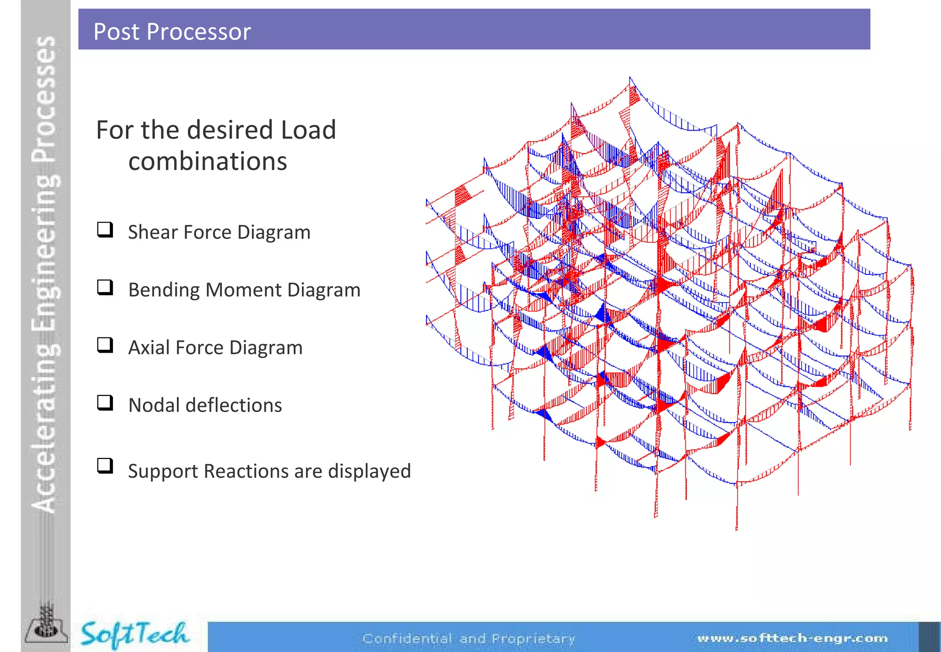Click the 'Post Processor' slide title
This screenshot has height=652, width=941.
(172, 32)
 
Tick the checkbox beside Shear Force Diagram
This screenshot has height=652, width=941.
(105, 229)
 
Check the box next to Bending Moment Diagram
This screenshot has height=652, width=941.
(105, 287)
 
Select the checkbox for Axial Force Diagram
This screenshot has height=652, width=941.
(105, 345)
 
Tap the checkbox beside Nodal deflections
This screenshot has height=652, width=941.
(105, 402)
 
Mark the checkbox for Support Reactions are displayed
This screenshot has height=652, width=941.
(105, 465)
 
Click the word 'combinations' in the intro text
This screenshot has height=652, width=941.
(208, 161)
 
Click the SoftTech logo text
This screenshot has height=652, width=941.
(134, 635)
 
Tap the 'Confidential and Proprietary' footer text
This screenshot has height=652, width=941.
(469, 639)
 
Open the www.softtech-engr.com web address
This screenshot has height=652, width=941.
(792, 638)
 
